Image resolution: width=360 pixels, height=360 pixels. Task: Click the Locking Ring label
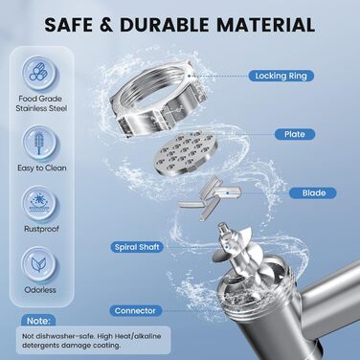coord(281,76)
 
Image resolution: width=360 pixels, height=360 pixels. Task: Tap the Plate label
coord(295,134)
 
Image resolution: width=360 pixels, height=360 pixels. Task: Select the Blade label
coord(313,193)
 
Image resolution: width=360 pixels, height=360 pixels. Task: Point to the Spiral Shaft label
coord(137,247)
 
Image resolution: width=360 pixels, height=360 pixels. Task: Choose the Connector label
coord(135,310)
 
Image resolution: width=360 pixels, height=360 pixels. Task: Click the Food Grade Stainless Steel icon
coord(40,74)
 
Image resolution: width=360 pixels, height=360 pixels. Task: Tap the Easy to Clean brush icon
coord(40,143)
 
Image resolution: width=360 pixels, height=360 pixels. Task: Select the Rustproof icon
coord(40,203)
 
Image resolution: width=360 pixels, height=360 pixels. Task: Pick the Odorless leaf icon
coord(40,264)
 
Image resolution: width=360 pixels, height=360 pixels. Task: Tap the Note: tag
coord(38,321)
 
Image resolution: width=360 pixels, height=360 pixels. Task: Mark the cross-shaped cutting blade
coord(209,197)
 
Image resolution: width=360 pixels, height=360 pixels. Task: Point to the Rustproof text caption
coord(41,229)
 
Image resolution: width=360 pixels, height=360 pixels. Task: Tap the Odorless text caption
coord(40,290)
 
